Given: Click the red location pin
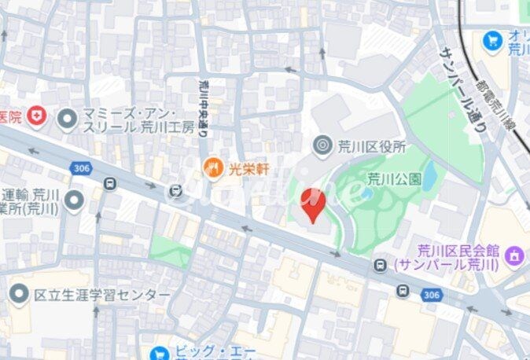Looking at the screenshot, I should coord(314,204).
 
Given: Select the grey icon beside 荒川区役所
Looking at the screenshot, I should coord(322,145).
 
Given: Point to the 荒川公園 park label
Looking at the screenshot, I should coord(395,179).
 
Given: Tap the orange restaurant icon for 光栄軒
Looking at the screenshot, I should coord(212,166).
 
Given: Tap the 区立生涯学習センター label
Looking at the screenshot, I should coord(102,295).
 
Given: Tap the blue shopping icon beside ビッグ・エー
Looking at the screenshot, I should coord(160,354).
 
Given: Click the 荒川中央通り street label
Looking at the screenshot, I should coord(202,107).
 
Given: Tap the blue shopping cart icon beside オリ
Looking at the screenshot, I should coord(493,39).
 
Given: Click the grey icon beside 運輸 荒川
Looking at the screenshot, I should coord(75,202).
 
